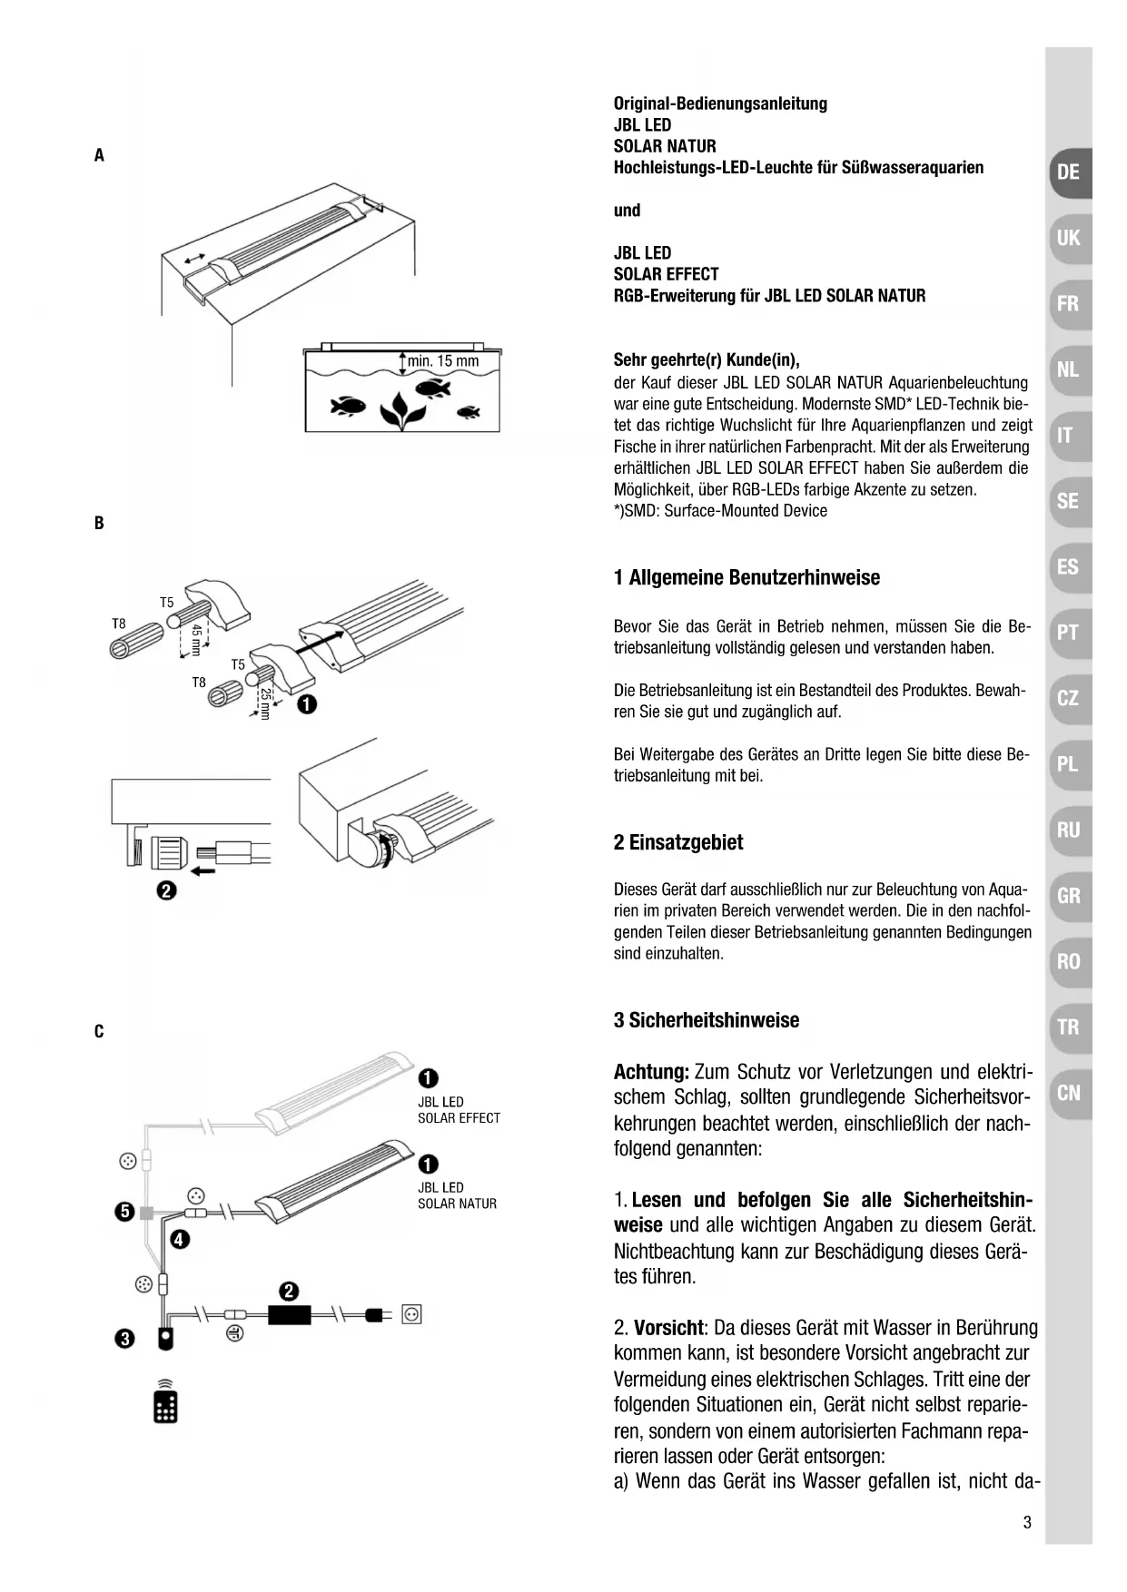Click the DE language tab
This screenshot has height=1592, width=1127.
[1069, 172]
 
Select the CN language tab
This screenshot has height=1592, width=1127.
[1069, 1093]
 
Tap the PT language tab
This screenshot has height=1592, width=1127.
[1068, 633]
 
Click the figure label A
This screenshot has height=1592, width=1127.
[99, 155]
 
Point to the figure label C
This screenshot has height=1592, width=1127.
[99, 1031]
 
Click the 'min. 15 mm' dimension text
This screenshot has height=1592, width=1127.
[442, 361]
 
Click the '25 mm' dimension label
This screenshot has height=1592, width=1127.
[265, 703]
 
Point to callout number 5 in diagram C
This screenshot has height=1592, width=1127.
[124, 1213]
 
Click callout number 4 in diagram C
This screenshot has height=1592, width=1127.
[180, 1239]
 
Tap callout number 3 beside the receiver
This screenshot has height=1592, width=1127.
[124, 1338]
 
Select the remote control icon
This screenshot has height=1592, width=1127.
[165, 1401]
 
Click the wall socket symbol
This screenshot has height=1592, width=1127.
[411, 1313]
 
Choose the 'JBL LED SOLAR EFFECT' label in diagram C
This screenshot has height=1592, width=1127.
[459, 1110]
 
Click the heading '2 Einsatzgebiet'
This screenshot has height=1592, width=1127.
[677, 842]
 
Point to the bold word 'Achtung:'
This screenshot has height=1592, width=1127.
[651, 1072]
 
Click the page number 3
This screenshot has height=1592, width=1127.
[1027, 1522]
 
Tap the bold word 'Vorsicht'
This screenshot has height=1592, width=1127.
[669, 1328]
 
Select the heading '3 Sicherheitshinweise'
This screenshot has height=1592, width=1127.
[707, 1020]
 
